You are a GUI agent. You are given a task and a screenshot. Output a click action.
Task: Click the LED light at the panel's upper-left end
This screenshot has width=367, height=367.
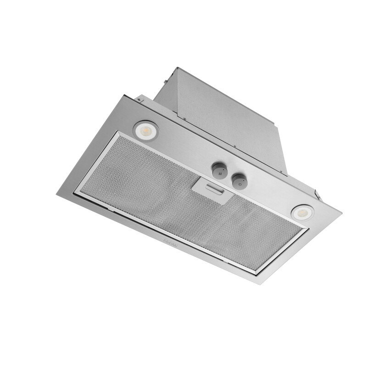[146, 130]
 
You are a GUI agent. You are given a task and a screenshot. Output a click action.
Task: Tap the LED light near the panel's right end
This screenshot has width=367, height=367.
[302, 212]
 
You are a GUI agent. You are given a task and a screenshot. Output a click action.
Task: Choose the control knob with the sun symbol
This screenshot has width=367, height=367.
[239, 181]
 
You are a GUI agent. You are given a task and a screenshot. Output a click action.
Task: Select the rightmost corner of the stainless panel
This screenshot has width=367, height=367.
[341, 212]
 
